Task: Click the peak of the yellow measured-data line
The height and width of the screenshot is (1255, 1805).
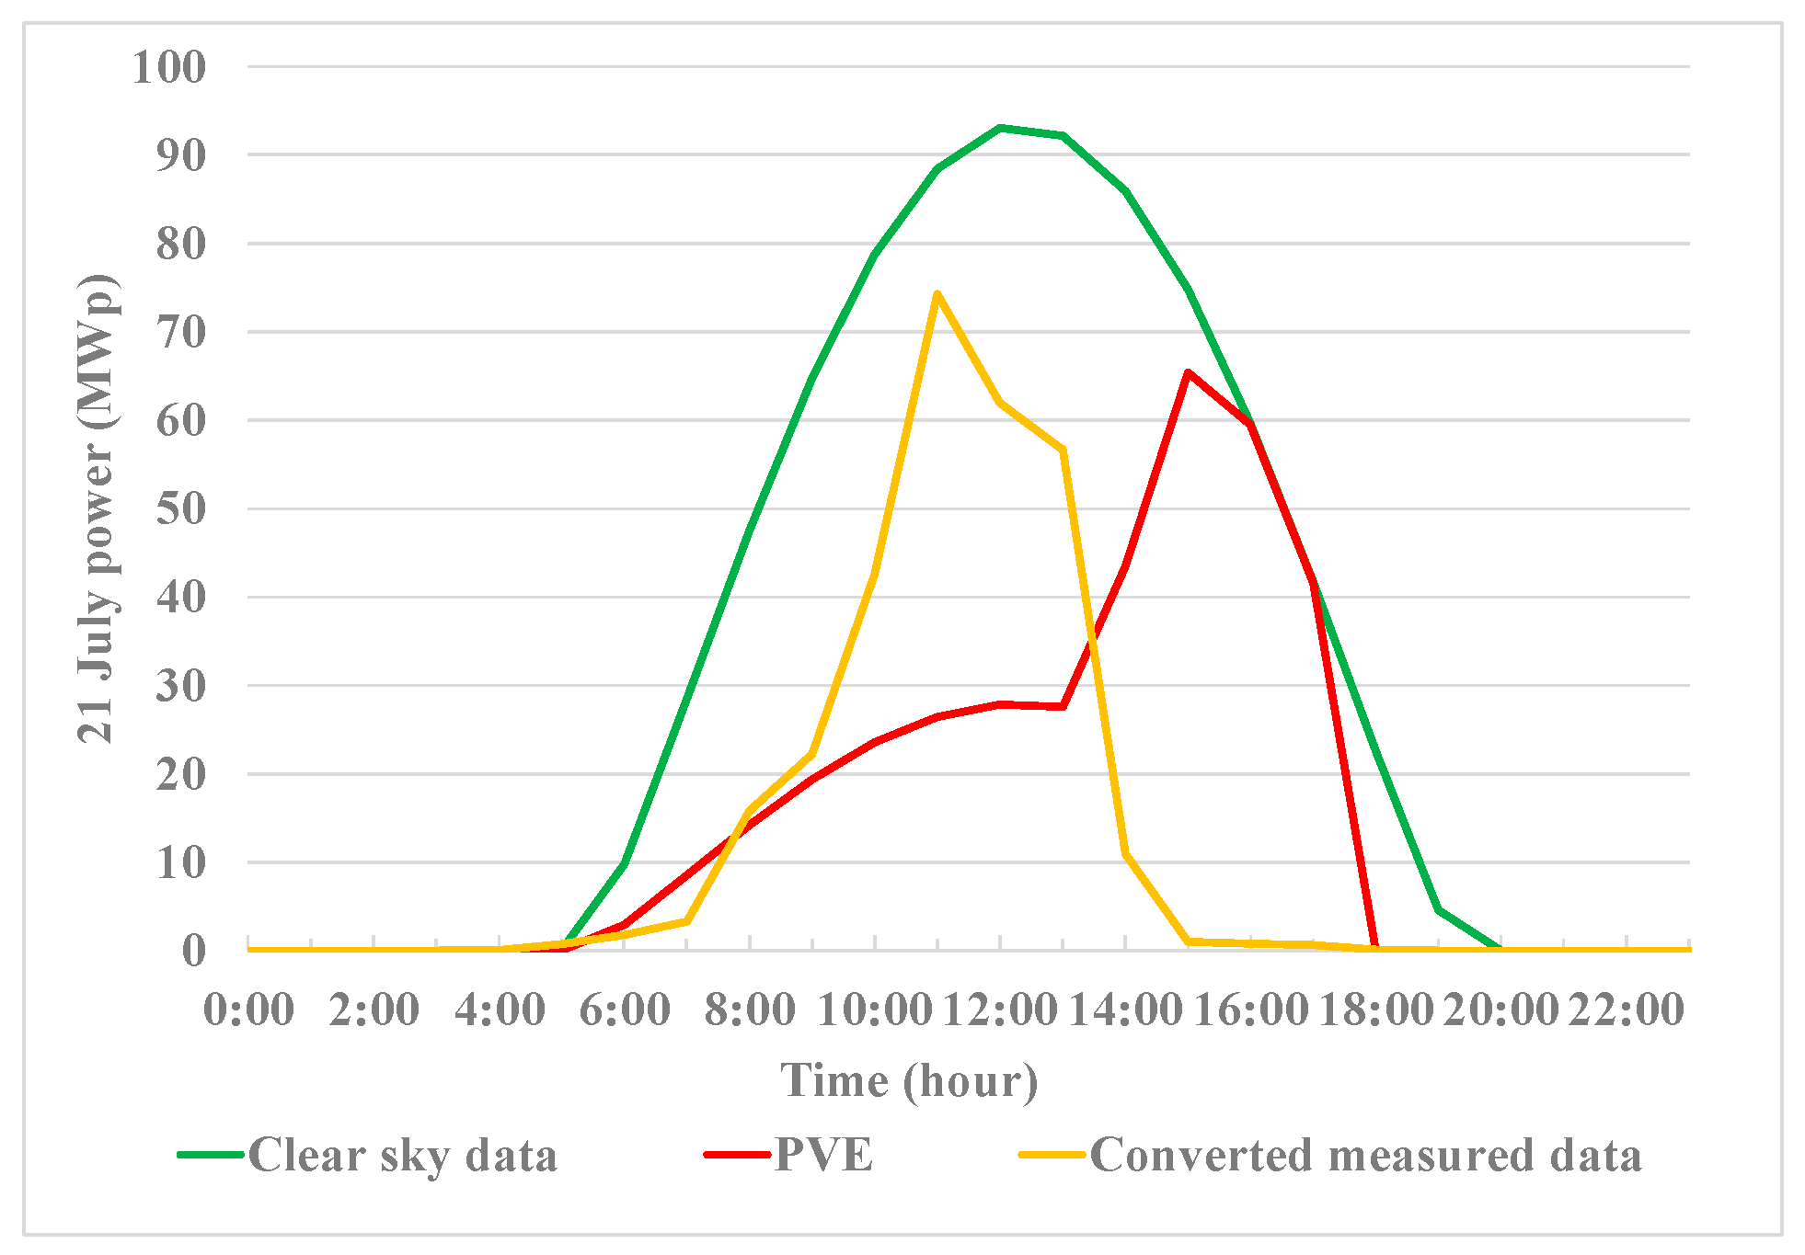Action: point(937,293)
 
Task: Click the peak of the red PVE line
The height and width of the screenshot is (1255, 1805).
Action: point(1188,371)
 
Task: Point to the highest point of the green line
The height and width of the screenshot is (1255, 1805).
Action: point(1000,128)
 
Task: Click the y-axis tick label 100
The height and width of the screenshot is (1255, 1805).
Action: point(169,67)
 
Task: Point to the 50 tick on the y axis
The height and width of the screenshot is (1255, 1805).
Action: point(181,508)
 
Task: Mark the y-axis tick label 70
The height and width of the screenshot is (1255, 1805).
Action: point(181,332)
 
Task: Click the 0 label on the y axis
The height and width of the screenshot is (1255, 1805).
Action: point(193,951)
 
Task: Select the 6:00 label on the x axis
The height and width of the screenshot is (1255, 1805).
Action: point(625,1010)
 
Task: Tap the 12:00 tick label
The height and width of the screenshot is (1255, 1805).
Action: point(1000,1010)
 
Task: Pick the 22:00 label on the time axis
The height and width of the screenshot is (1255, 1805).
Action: point(1627,1010)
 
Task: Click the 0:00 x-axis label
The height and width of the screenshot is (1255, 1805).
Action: point(249,1010)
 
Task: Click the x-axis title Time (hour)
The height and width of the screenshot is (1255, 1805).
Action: point(909,1081)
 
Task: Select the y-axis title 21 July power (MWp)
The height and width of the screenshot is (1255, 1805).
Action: point(96,508)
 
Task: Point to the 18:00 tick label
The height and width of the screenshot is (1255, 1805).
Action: point(1376,1010)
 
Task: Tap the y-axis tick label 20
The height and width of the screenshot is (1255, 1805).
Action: point(181,774)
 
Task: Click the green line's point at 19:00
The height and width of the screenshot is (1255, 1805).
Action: point(1438,910)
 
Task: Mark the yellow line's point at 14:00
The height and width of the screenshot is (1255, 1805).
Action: point(1125,854)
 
